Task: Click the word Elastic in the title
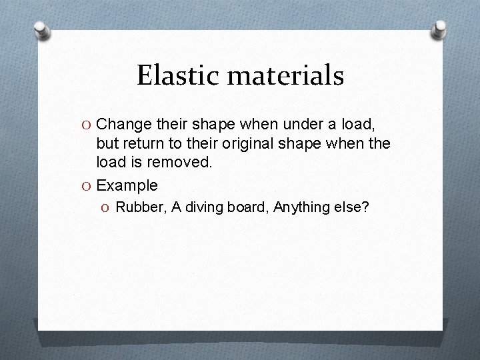177,75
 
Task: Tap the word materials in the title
285,75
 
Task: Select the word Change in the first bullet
123,123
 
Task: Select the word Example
127,185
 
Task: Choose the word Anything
304,207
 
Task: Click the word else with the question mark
355,207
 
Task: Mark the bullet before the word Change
86,124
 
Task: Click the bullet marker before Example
86,185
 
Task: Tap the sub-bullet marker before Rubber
107,208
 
